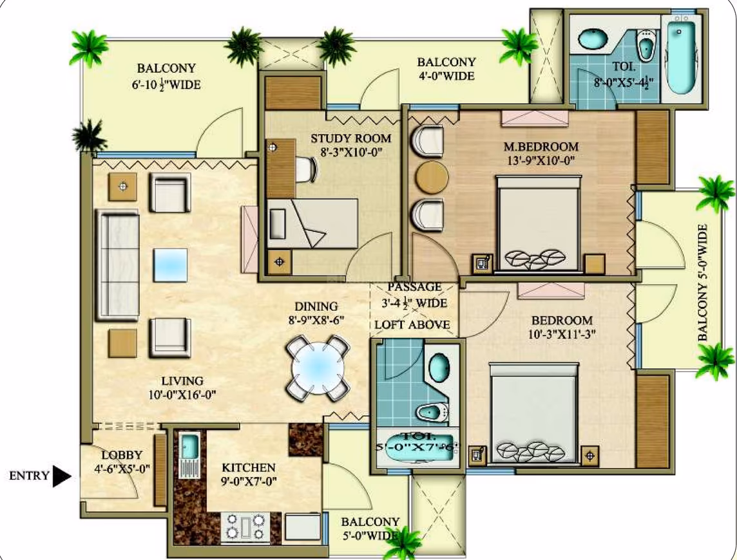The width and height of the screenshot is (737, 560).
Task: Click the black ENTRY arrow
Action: pos(61,476)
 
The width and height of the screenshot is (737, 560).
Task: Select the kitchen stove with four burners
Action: pos(245,526)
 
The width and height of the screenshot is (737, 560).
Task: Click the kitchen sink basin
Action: pos(190,446)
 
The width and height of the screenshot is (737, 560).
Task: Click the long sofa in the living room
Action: pos(117,265)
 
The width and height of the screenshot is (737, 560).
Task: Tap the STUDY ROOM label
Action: pos(350,138)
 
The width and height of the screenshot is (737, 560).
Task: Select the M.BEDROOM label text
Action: pos(541,147)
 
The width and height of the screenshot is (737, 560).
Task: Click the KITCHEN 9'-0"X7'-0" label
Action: pos(249,474)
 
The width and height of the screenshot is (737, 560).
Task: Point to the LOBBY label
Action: pos(122,455)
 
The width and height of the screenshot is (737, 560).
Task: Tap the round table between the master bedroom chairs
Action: pos(432,177)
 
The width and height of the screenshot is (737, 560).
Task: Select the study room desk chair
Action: pos(305,169)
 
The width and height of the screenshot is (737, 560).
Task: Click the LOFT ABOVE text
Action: pos(412,324)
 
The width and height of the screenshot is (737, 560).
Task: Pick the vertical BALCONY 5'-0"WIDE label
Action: pos(702,282)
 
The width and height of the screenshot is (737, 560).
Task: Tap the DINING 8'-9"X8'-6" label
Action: pos(316,313)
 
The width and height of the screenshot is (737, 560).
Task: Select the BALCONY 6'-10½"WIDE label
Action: pos(166,76)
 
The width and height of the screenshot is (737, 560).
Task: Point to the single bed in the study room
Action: pos(312,223)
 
